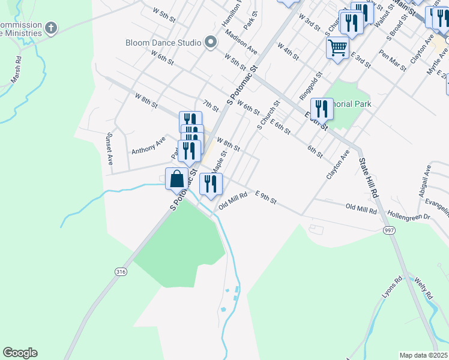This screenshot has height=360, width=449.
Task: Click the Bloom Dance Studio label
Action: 163,43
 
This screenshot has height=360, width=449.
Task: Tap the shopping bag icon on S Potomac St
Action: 176,179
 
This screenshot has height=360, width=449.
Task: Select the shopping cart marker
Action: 338,47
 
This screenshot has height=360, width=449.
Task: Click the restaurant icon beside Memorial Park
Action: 322,109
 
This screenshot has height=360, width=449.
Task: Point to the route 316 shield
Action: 121,272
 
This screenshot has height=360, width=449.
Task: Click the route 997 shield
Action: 389,230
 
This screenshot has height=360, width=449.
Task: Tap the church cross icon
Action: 51,28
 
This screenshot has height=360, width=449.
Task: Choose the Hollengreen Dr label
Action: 409,213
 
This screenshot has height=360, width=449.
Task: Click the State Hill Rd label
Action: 367,178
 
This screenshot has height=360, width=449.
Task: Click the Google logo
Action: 20,353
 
